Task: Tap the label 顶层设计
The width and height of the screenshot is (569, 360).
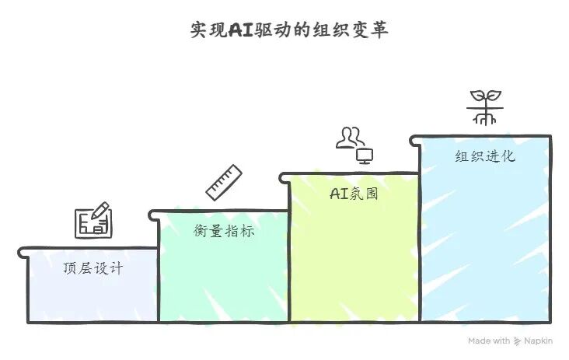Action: pyautogui.click(x=93, y=269)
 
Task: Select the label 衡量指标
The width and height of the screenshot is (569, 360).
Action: pyautogui.click(x=224, y=231)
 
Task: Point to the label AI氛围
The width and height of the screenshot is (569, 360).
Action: pyautogui.click(x=354, y=194)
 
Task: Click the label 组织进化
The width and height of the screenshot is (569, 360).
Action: pyautogui.click(x=485, y=156)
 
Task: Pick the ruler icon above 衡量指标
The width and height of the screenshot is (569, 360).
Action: pyautogui.click(x=224, y=181)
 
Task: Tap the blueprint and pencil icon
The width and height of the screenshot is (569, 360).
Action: pyautogui.click(x=93, y=221)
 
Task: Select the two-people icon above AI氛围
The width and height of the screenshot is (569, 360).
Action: pyautogui.click(x=350, y=137)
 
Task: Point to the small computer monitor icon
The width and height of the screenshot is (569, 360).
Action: pyautogui.click(x=365, y=155)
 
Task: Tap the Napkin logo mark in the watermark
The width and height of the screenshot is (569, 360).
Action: pyautogui.click(x=518, y=341)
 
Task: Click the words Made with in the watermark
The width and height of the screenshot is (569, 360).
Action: pyautogui.click(x=489, y=341)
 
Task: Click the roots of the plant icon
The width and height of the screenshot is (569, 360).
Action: pyautogui.click(x=484, y=118)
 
